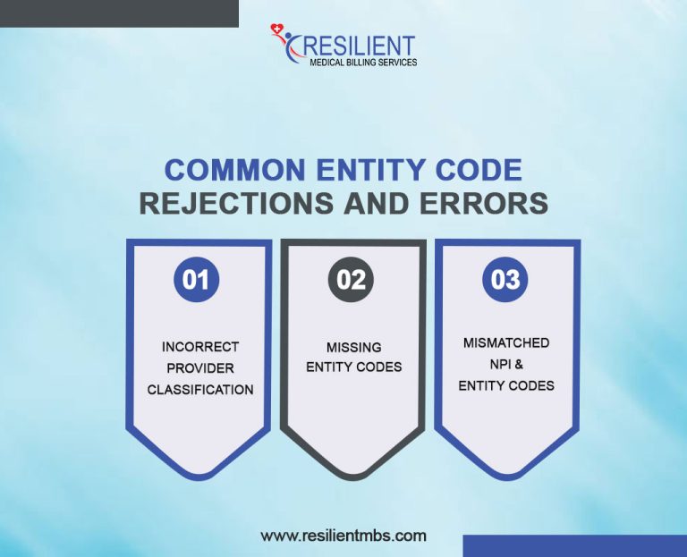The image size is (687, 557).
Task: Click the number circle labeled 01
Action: click(196, 280)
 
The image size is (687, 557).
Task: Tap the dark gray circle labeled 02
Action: click(352, 280)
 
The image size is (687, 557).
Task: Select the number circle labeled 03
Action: click(505, 280)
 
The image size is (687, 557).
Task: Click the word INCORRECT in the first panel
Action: click(200, 346)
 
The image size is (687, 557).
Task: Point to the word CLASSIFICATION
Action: click(200, 390)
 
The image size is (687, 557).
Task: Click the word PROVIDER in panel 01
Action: click(200, 368)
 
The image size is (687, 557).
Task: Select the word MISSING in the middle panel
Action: click(354, 347)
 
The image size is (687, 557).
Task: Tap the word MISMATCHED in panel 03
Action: click(506, 342)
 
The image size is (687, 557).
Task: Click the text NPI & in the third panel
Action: click(506, 364)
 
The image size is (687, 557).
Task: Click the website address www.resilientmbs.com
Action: click(343, 536)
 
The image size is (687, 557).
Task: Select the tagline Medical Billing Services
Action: click(362, 63)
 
